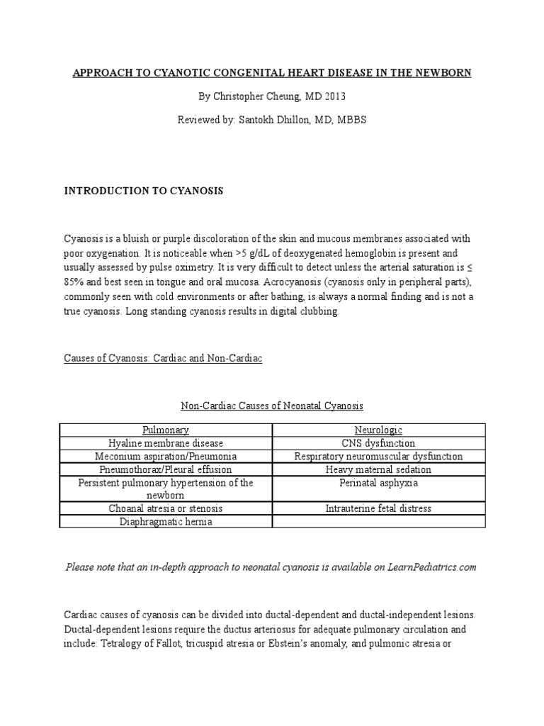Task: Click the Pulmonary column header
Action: [x=165, y=430]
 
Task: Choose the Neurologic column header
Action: [x=378, y=430]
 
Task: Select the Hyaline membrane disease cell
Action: [x=165, y=443]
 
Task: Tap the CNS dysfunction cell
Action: [x=378, y=443]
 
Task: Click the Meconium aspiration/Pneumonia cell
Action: [x=165, y=457]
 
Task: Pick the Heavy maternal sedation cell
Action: [x=378, y=469]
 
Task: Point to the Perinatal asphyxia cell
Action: [x=378, y=483]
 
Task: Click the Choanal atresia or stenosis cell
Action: [x=165, y=508]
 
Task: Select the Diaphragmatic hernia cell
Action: [x=165, y=522]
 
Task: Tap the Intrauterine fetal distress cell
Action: [x=378, y=508]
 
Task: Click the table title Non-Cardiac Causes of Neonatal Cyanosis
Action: [x=272, y=406]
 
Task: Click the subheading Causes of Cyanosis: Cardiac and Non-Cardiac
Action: [x=164, y=359]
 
